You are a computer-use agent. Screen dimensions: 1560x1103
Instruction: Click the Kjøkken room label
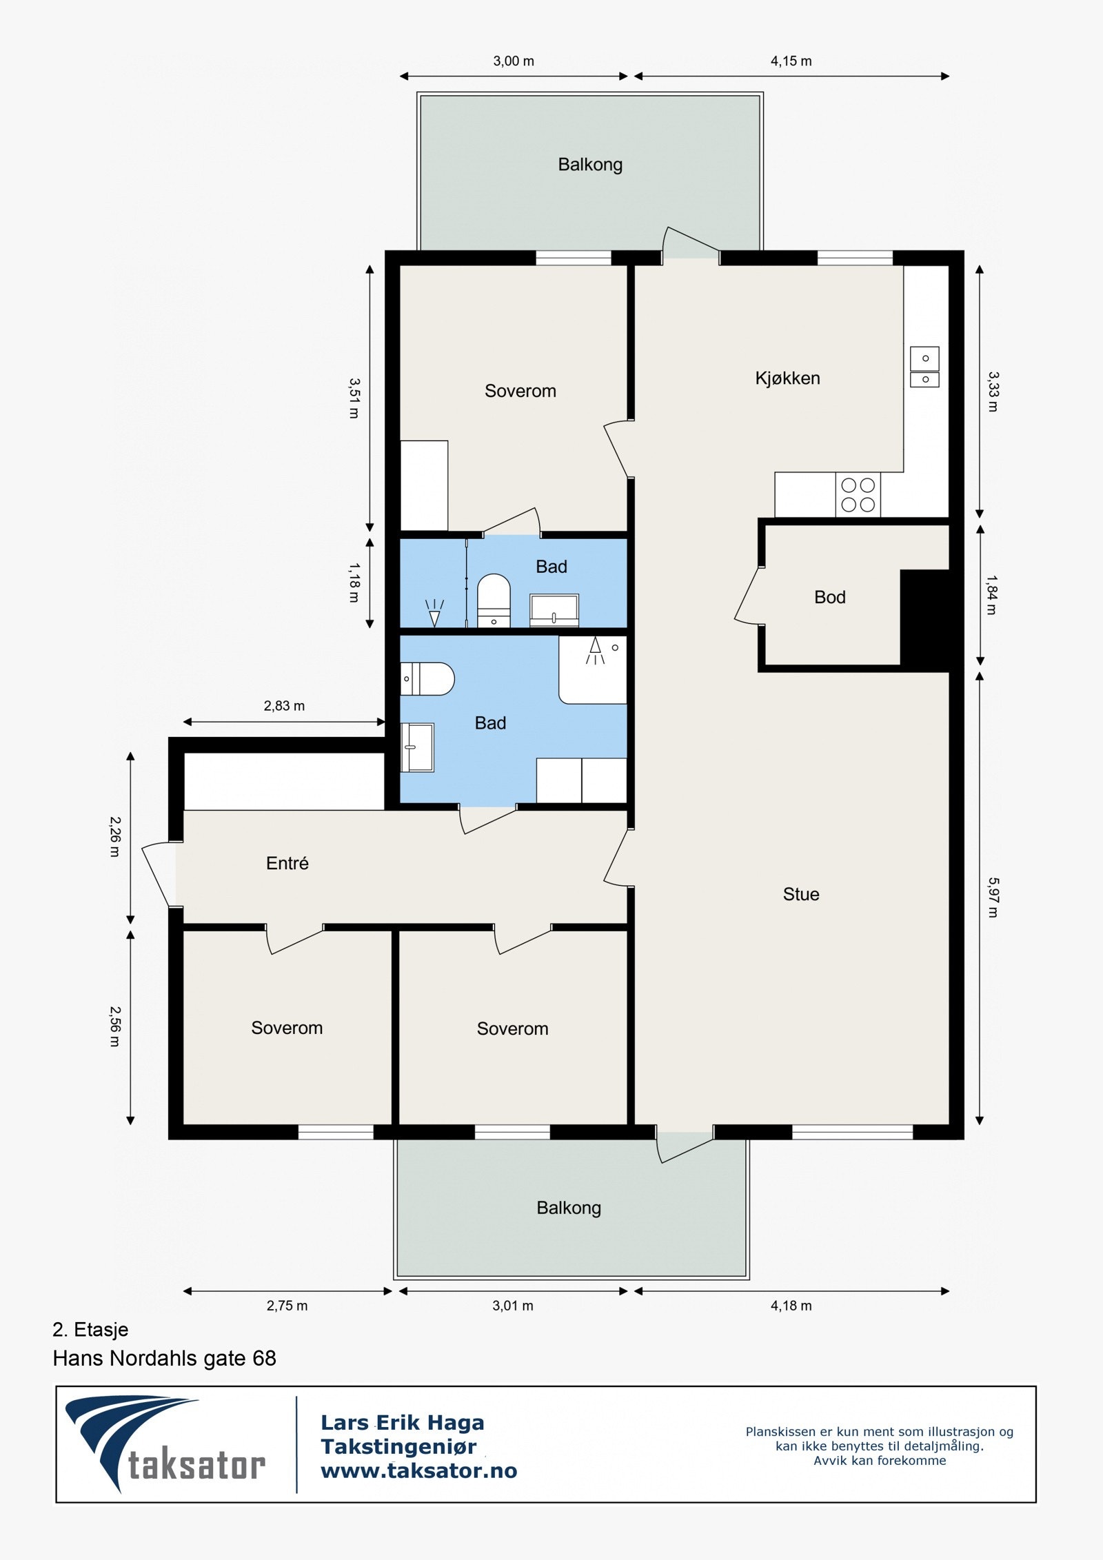[787, 378]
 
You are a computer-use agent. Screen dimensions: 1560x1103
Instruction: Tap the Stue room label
[800, 894]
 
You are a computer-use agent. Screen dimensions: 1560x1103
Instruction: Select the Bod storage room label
[829, 597]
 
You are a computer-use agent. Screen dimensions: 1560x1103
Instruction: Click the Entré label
[287, 863]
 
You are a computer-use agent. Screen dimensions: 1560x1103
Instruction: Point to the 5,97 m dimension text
[993, 897]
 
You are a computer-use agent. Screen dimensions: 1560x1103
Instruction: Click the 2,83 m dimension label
[284, 706]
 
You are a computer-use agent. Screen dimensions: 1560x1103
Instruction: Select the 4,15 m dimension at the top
[791, 61]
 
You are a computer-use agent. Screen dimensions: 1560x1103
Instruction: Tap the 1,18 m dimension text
[354, 583]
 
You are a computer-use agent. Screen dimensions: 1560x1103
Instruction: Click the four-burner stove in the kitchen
[858, 494]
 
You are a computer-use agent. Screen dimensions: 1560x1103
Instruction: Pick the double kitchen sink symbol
[924, 367]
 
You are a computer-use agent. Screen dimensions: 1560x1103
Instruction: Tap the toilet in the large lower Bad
[427, 678]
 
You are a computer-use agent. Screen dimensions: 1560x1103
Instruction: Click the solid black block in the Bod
[925, 618]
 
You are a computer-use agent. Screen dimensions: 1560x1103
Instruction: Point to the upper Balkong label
[590, 165]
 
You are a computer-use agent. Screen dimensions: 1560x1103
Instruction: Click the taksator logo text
[196, 1466]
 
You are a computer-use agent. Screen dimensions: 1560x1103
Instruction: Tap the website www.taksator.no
[418, 1471]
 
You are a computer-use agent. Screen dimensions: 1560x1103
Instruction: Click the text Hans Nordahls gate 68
[164, 1358]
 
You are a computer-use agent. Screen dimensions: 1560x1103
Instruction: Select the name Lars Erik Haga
[403, 1423]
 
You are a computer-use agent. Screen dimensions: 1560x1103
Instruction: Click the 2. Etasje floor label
[90, 1329]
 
